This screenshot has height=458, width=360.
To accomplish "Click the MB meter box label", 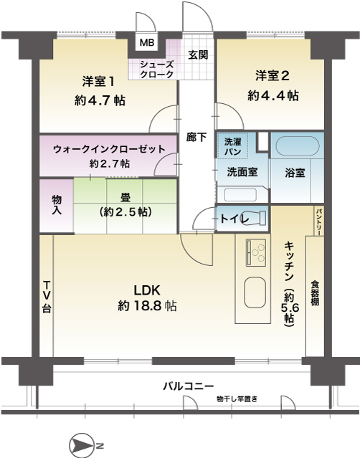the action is (x=147, y=42).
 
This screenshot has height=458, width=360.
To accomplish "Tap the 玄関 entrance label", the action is (x=198, y=54).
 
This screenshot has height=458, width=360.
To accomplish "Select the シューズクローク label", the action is (x=156, y=70).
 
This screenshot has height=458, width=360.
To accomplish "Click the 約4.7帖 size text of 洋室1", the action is (x=100, y=100).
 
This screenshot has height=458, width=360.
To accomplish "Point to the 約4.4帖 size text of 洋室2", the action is (x=273, y=95).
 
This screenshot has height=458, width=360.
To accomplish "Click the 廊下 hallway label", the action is (x=196, y=137).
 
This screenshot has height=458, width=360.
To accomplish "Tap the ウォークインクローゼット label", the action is (x=109, y=149).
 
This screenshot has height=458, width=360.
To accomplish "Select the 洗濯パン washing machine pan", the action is (x=232, y=146).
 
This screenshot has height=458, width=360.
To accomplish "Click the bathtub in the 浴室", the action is (x=298, y=145).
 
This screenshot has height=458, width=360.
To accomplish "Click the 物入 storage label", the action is (x=57, y=205).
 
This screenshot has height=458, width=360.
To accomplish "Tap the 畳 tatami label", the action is (x=125, y=197).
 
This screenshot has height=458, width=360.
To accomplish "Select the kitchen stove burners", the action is (x=256, y=253).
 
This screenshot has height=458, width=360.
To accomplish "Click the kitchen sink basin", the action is (x=255, y=292).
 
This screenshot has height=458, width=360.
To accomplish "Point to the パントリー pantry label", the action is (x=319, y=221).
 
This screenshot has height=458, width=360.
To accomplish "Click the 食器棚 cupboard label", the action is (x=315, y=293).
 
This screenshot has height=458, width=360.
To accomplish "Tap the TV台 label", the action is (x=47, y=297).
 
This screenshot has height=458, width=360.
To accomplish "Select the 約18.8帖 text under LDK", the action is (x=147, y=306).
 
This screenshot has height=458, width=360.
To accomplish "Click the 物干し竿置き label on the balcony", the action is (x=237, y=399).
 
